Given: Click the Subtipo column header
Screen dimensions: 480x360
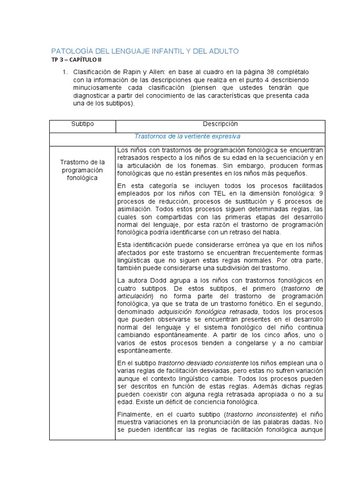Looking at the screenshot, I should click(82, 124).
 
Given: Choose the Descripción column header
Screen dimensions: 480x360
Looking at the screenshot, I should click(220, 124).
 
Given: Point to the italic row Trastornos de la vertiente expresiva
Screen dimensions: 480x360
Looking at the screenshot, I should click(187, 136).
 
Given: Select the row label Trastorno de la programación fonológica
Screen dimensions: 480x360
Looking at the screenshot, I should click(82, 170).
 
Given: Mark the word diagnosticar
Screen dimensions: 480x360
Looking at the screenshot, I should click(92, 96).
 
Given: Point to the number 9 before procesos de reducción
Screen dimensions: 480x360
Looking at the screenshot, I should click(321, 193).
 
